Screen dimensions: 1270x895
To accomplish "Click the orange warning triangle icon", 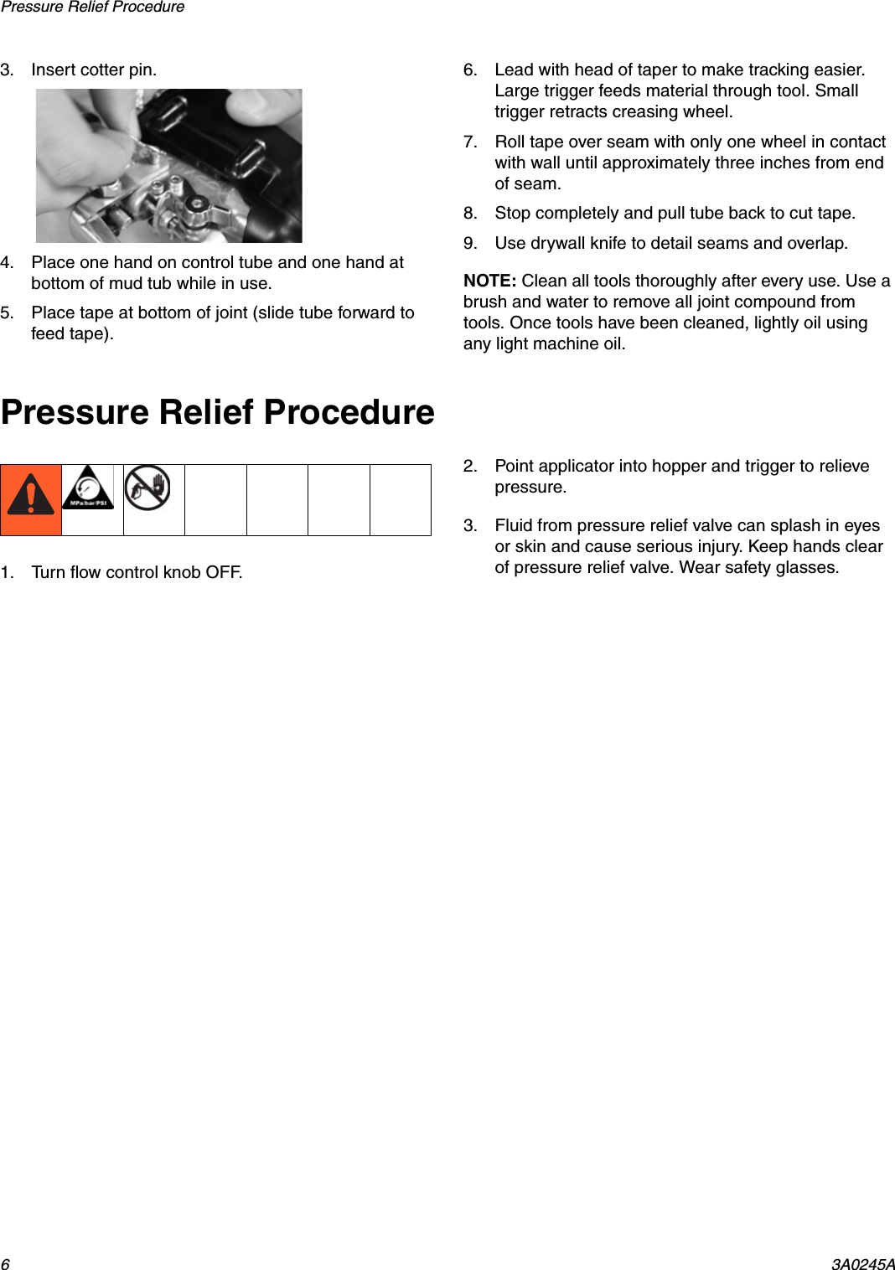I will coord(31,496).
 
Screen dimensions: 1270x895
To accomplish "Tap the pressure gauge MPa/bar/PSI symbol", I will coord(88,489).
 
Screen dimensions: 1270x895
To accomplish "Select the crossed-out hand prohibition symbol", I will coord(147,488).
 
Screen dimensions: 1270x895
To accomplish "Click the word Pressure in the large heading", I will coord(75,412).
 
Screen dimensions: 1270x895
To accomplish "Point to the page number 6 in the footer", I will coord(5,1263).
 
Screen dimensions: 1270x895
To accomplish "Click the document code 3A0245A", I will coord(862,1263).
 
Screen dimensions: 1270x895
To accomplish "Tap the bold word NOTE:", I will coord(489,281).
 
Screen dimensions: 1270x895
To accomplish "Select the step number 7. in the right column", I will coord(470,142).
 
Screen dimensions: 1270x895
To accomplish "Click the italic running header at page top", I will coord(92,8).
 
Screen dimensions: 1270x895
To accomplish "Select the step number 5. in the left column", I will coord(7,312).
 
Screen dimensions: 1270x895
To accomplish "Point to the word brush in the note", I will coord(485,302).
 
